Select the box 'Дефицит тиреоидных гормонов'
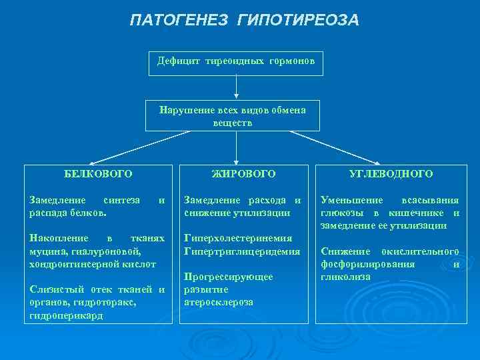236,62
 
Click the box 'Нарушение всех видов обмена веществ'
233,116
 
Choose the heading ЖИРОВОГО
243,173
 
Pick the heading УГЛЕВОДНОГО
391,173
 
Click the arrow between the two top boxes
237,87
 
